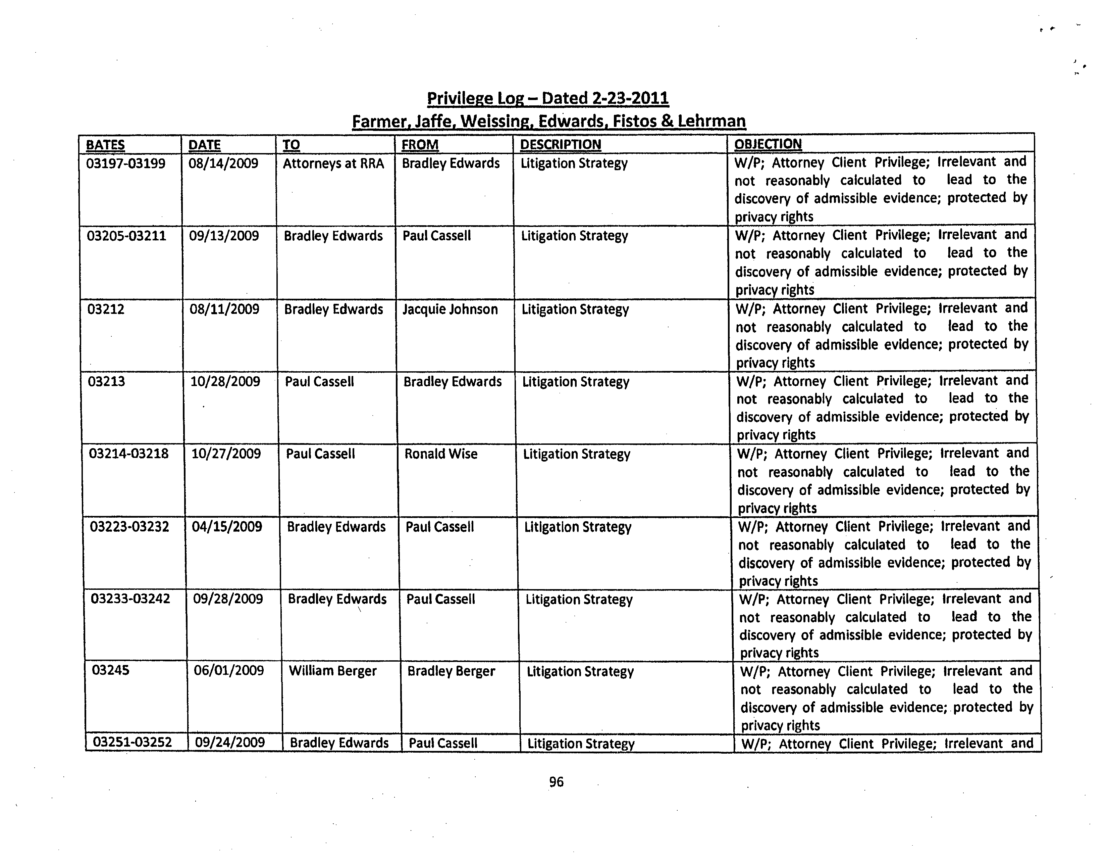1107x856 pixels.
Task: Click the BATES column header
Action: (105, 145)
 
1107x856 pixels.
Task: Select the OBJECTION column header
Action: (768, 144)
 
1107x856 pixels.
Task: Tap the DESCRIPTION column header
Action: (561, 145)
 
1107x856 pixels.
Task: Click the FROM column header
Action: (420, 145)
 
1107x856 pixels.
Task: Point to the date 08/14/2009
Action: (223, 163)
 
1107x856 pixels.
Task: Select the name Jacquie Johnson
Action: (450, 310)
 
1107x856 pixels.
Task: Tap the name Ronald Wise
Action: (440, 454)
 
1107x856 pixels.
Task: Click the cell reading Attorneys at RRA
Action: (333, 163)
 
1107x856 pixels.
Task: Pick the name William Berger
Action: (332, 671)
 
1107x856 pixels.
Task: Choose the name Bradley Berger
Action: (451, 671)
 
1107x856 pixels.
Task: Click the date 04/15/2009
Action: (227, 526)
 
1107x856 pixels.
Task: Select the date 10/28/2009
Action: (225, 381)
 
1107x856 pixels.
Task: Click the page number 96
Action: (556, 782)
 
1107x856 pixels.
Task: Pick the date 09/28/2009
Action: (228, 599)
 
